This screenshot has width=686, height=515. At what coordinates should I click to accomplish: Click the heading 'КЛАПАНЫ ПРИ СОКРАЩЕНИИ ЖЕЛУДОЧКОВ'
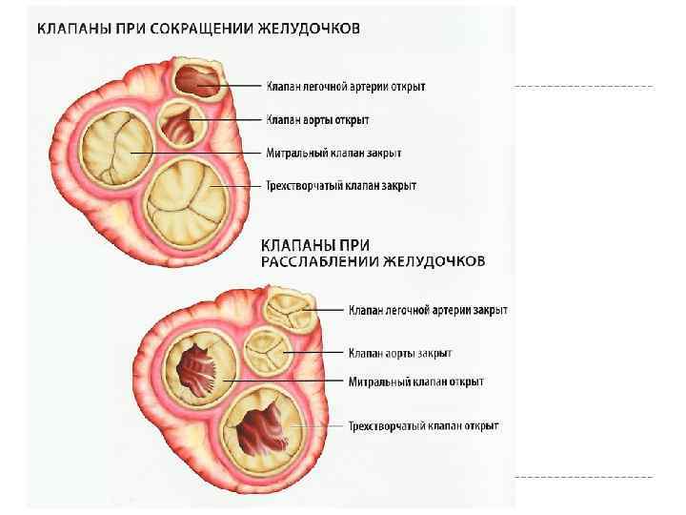tap(198, 29)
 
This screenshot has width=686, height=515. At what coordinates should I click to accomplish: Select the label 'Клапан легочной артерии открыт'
tap(345, 87)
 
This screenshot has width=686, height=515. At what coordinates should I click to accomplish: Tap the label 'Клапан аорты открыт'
tap(317, 120)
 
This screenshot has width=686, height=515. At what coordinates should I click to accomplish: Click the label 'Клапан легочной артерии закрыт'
tap(427, 310)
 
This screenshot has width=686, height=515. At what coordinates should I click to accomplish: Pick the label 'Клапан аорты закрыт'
tap(399, 353)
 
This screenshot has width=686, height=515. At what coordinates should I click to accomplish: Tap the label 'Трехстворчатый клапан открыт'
tap(423, 426)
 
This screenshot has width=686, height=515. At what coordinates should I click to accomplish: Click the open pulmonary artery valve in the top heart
tap(198, 79)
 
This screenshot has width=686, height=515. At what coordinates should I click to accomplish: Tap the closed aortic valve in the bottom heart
tap(263, 353)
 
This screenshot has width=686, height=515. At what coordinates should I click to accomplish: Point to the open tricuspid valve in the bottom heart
tap(259, 427)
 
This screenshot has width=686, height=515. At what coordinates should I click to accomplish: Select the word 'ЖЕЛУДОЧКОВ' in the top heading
tap(307, 29)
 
